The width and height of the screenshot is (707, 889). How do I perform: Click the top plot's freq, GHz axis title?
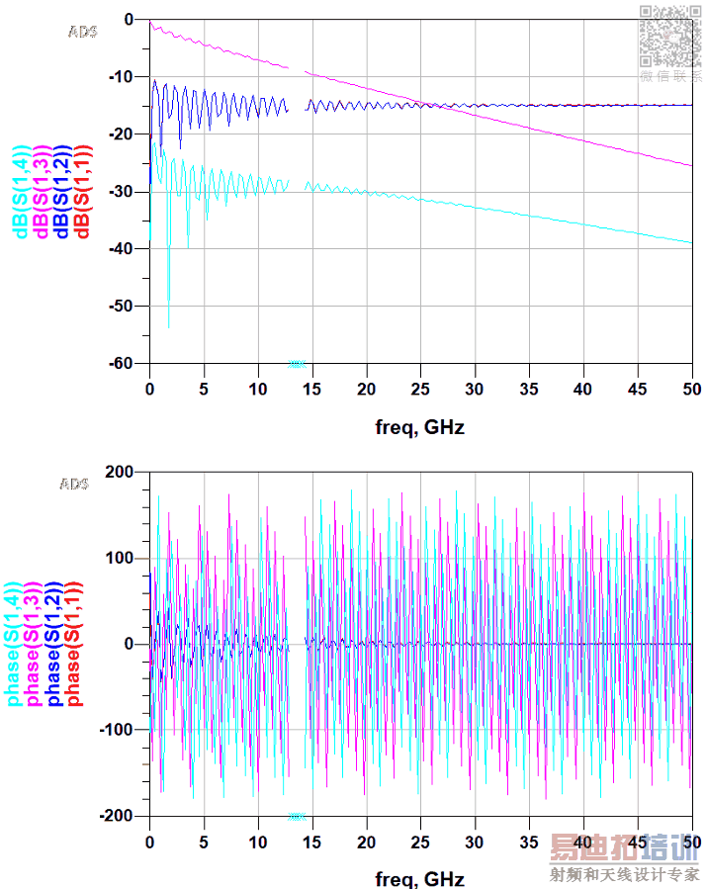click(x=420, y=427)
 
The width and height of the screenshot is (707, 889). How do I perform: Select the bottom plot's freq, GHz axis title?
click(x=420, y=878)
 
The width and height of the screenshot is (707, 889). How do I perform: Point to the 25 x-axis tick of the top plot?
click(x=420, y=386)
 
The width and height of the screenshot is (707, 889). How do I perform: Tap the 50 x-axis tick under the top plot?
click(x=692, y=386)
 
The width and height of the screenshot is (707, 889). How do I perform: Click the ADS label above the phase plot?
click(x=74, y=484)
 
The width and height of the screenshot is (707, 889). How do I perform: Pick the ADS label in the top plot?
click(x=83, y=32)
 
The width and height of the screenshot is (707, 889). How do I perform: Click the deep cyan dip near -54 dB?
click(x=168, y=325)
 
